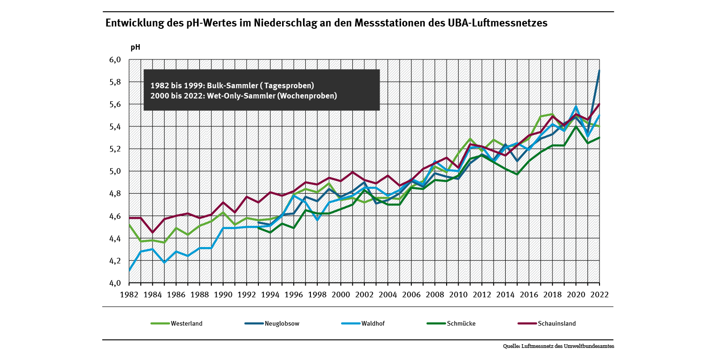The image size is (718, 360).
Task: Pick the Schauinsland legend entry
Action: click(x=557, y=324)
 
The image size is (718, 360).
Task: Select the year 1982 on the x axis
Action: click(x=129, y=295)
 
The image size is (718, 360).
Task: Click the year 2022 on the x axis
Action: click(x=599, y=295)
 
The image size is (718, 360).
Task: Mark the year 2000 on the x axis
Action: click(x=341, y=295)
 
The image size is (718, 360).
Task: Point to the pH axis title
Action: click(x=135, y=47)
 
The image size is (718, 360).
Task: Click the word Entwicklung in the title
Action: click(x=132, y=23)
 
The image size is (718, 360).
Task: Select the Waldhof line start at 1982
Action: click(x=129, y=270)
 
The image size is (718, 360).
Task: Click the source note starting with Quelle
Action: click(x=558, y=346)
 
